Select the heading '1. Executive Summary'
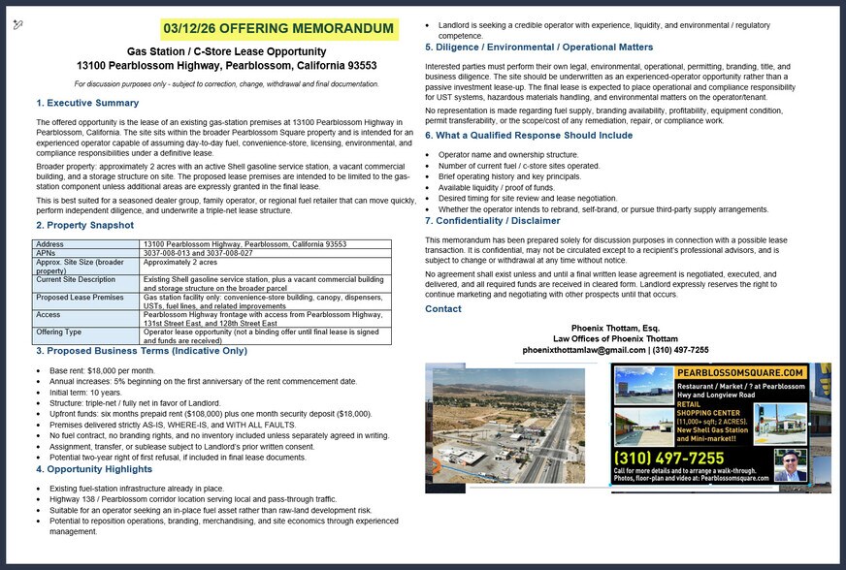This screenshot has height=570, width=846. coord(87,103)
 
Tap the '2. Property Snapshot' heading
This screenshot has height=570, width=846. coord(84,225)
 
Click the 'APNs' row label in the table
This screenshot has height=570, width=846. coord(46,253)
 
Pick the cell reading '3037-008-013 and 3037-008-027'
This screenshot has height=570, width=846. coord(198,253)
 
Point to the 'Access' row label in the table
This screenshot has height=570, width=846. coord(49,314)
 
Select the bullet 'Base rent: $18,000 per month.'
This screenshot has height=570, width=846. coord(101,371)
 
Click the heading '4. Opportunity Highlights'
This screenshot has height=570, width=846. coord(92,468)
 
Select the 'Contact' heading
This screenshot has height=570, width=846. coord(443,308)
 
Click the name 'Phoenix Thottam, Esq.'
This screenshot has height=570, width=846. coord(616,328)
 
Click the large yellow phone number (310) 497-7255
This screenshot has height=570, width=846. coord(668,458)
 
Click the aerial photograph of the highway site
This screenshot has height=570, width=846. coord(516,427)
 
